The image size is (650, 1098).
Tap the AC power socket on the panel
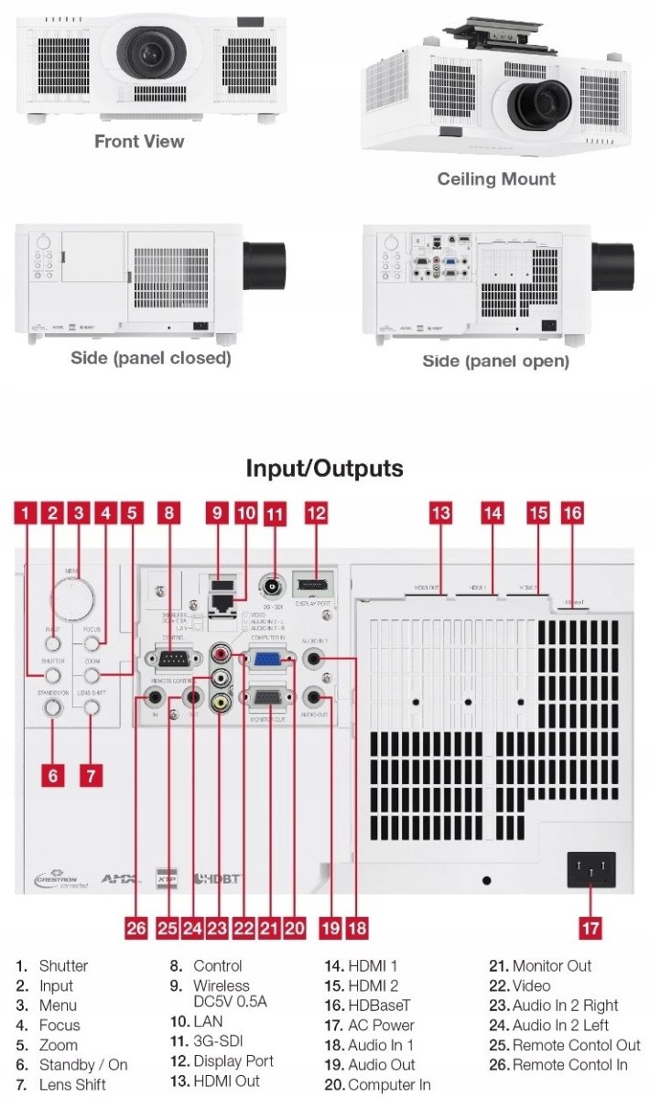pos(591,869)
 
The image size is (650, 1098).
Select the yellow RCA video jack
pos(221,703)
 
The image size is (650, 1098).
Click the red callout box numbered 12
pos(316,513)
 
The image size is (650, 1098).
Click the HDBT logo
pos(217,878)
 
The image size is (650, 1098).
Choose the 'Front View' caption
pos(139,141)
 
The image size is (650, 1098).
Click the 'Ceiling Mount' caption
pos(495,178)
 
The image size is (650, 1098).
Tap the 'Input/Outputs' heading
pos(324,468)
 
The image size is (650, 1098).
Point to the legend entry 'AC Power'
pos(381,1025)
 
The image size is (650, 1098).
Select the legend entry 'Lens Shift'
pos(72,1084)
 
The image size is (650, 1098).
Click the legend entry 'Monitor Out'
pos(551,965)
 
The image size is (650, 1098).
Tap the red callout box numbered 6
pos(53,776)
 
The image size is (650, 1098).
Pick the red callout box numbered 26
pos(136,928)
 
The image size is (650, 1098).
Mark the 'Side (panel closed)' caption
pos(151,358)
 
